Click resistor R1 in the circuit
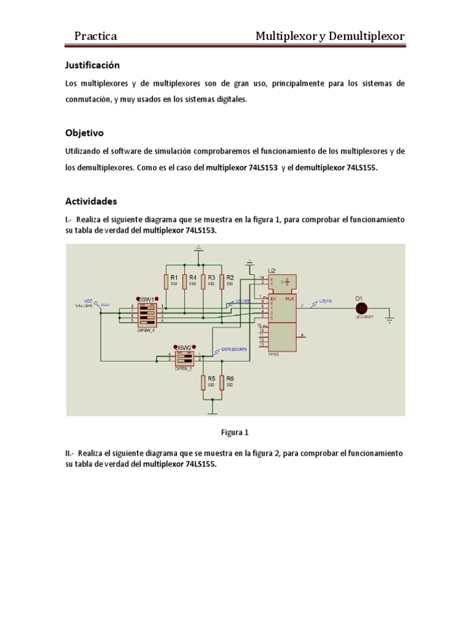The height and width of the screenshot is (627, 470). click(165, 281)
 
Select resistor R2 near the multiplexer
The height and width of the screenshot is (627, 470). click(221, 281)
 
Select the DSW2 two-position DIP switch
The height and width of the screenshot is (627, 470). click(184, 358)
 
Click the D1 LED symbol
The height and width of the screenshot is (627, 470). click(361, 308)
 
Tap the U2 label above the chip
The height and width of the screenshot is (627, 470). click(272, 270)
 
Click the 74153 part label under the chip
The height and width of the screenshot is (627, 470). click(274, 355)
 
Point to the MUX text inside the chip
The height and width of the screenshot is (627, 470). click(288, 299)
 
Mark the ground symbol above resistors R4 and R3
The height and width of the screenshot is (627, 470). click(197, 248)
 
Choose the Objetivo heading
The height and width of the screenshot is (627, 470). click(84, 132)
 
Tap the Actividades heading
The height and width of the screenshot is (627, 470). click(91, 201)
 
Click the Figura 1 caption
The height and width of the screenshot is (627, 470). click(234, 432)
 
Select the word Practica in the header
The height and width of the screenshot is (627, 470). click(95, 37)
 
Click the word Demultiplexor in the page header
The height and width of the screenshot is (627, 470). click(366, 37)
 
